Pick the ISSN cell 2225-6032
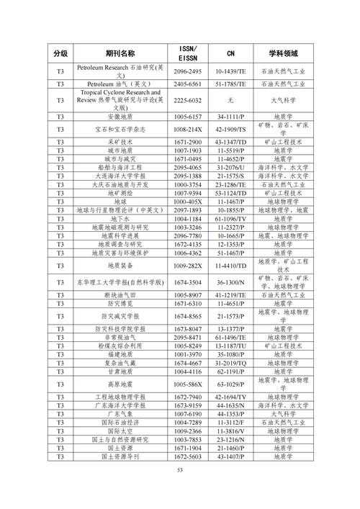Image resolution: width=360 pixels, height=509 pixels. click(188, 100)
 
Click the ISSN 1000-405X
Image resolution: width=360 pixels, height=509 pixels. click(188, 202)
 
